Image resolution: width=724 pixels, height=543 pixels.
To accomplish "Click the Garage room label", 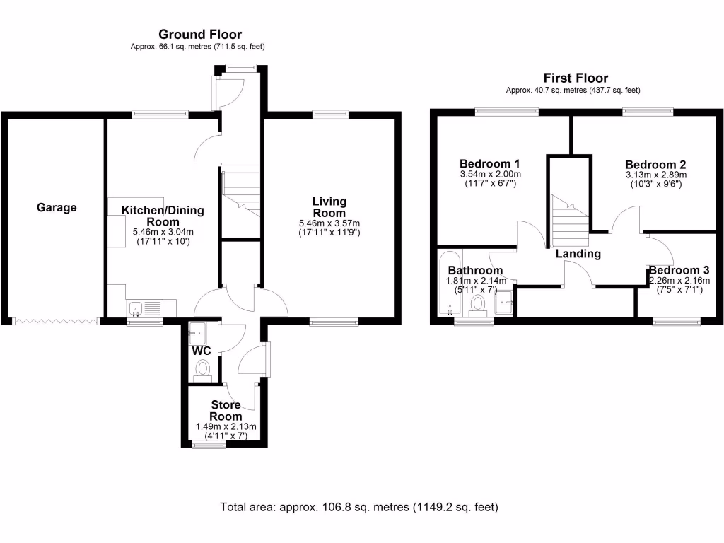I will [57, 208].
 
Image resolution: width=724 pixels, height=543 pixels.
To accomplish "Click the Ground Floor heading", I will [199, 34].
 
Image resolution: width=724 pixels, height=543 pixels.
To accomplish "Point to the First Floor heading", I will [575, 78].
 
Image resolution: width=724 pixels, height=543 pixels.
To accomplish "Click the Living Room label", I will [329, 208].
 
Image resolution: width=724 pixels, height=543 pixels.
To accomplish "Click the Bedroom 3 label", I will [679, 270].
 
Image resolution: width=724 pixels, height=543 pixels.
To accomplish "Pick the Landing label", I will [578, 254].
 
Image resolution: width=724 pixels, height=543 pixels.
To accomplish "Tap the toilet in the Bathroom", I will [479, 305].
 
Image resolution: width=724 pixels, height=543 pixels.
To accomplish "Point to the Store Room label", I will [226, 411].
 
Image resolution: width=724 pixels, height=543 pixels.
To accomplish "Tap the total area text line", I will [360, 507].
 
